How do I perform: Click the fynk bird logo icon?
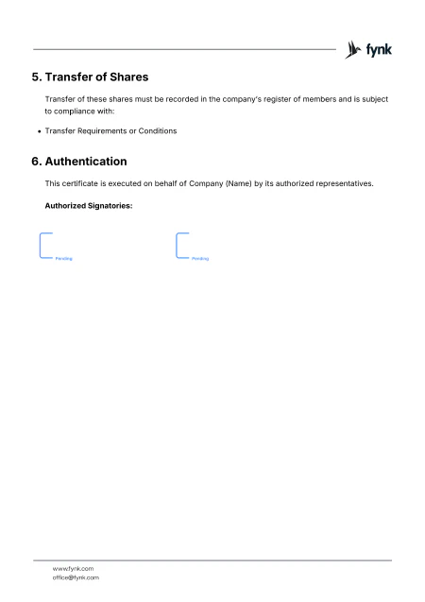click(354, 49)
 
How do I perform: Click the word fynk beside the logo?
click(379, 49)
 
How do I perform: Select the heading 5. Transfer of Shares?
click(91, 76)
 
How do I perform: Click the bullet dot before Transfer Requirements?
click(39, 129)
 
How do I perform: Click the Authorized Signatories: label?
click(88, 204)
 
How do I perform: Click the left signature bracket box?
click(43, 246)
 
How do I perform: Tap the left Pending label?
click(63, 258)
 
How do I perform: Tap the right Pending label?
click(200, 258)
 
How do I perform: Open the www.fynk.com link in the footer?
click(73, 568)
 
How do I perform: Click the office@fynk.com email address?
click(76, 576)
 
